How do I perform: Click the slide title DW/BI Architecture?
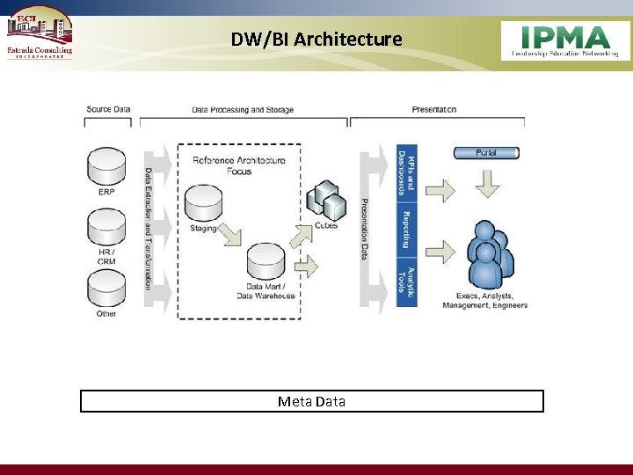(x=316, y=40)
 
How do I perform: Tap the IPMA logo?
(x=565, y=40)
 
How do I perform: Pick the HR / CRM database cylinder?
(x=106, y=227)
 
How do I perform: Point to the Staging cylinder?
(x=204, y=202)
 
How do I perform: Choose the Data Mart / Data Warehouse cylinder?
(x=266, y=260)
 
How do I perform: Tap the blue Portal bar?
(x=487, y=153)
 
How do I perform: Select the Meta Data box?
(x=312, y=401)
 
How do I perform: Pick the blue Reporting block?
(x=406, y=229)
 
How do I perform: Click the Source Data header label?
(x=108, y=109)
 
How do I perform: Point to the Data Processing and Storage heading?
(x=243, y=110)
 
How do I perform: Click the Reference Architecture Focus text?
(x=239, y=165)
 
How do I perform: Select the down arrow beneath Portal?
(x=487, y=184)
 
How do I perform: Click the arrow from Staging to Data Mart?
(x=229, y=235)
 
